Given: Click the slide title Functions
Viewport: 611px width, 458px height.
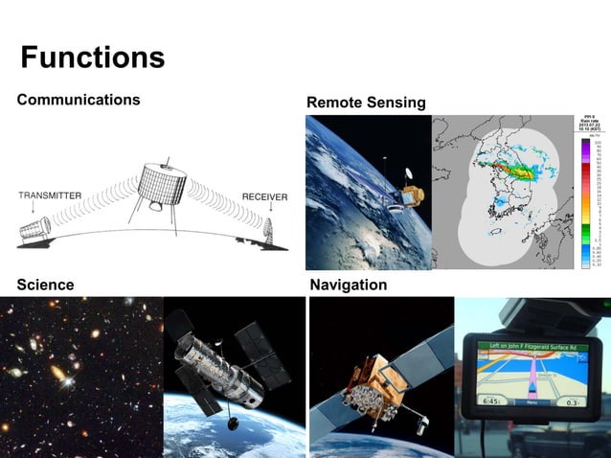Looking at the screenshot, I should tap(93, 57).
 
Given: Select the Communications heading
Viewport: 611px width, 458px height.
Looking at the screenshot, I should tap(79, 100).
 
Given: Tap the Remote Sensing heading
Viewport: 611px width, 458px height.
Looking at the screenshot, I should tap(366, 103).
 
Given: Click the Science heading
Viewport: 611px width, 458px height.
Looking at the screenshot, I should tap(45, 285).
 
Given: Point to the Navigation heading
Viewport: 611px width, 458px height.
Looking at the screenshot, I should tap(349, 285).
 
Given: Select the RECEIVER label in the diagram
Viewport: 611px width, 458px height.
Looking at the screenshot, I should tap(264, 196).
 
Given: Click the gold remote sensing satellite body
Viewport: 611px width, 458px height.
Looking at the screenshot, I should tap(412, 196).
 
